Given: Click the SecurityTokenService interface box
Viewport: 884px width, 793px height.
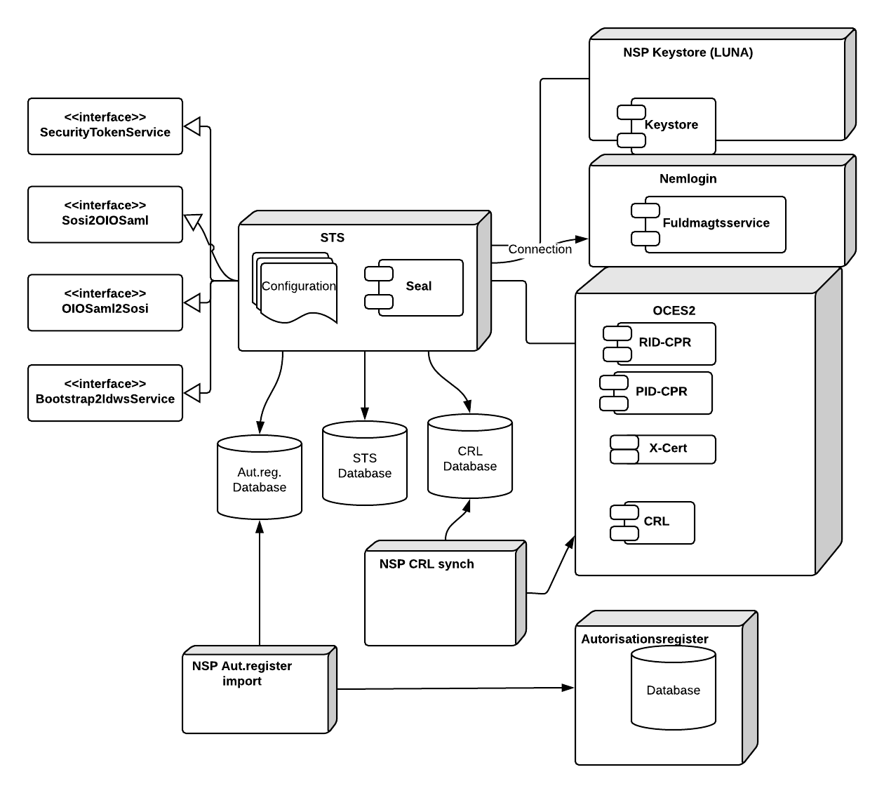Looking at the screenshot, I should tap(105, 126).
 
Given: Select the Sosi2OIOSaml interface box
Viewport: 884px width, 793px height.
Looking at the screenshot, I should tap(105, 214).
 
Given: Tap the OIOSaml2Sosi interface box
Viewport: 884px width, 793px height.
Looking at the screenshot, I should tap(105, 302).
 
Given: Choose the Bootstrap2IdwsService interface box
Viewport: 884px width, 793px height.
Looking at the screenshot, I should tap(105, 392).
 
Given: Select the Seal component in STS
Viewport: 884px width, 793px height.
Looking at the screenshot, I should tap(418, 287).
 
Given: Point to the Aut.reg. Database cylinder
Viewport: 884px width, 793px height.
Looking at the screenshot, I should tap(260, 479).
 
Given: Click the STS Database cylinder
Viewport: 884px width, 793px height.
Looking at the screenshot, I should tap(365, 465).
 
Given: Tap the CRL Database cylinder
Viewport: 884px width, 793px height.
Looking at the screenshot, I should tap(470, 458).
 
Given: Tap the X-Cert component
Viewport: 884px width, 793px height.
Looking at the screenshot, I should tap(667, 449).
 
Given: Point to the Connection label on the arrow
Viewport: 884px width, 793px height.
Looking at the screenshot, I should tap(540, 249).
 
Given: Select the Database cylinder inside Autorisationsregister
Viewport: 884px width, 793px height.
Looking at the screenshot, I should tap(674, 689).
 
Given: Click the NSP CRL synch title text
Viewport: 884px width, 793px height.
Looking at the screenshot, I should tap(427, 564).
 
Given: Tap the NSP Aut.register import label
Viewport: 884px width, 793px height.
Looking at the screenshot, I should tap(242, 673).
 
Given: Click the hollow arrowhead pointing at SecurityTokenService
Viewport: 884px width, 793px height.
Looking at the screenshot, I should tap(193, 127).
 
